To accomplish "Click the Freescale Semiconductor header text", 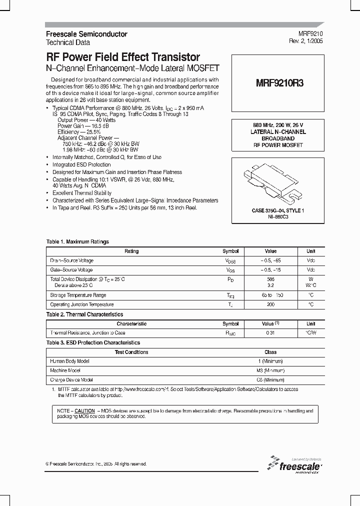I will [x=86, y=34].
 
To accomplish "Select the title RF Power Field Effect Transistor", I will [x=123, y=57].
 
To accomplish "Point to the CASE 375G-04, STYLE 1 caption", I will [x=278, y=211].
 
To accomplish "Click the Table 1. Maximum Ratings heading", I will [x=77, y=242].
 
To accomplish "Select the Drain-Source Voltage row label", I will [x=71, y=260].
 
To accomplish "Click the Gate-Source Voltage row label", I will [x=71, y=270].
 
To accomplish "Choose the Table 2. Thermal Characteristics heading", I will [x=84, y=314].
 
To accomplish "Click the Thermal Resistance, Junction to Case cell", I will [x=87, y=333].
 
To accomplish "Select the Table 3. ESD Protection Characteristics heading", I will [x=93, y=342].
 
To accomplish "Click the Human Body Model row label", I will [x=69, y=361].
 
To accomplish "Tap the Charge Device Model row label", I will [x=71, y=380].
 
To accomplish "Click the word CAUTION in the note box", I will [x=84, y=410].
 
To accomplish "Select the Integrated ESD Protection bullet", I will [x=81, y=164].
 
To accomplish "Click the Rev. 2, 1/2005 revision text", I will [x=306, y=41].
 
